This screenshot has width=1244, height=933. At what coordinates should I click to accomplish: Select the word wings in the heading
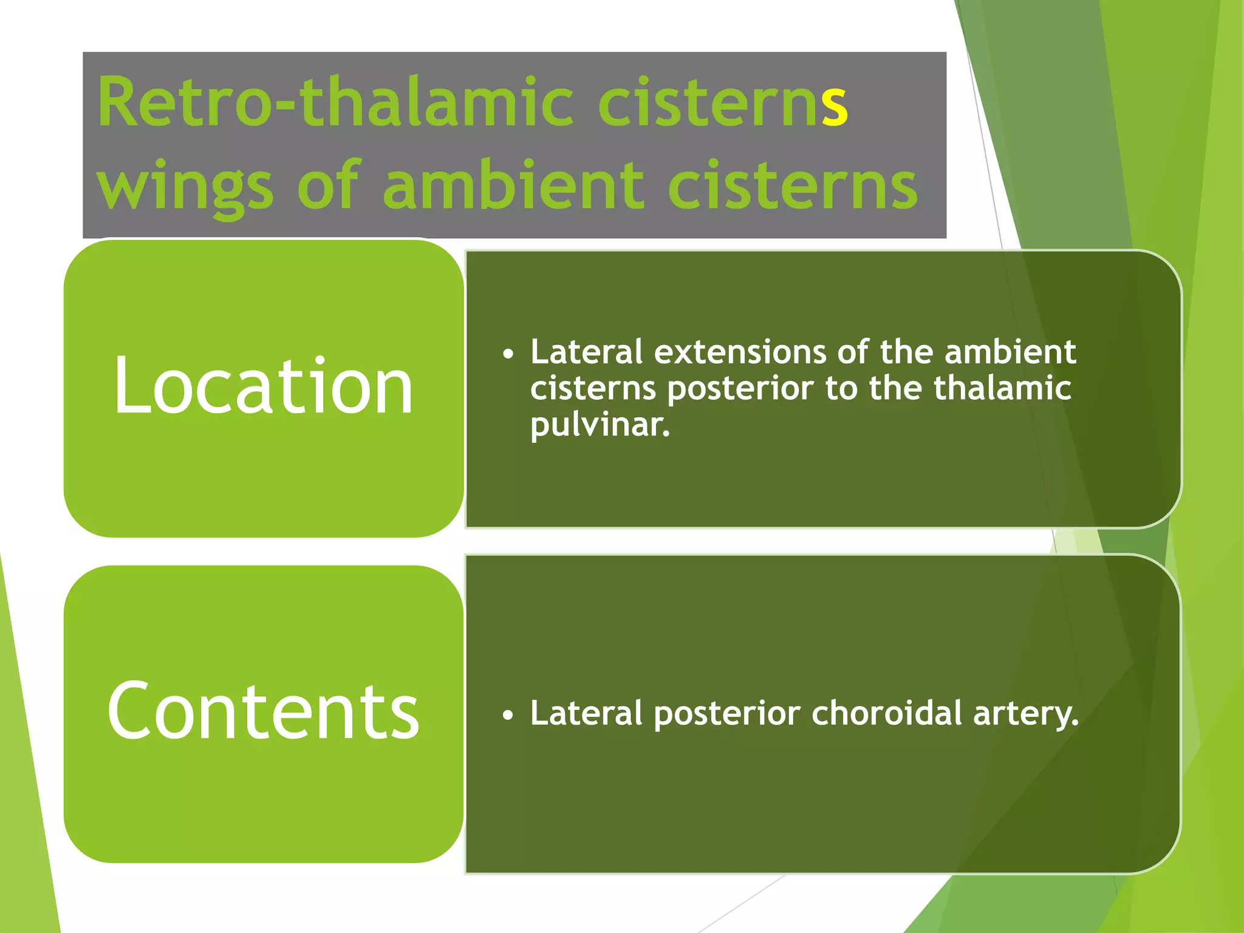coord(185,186)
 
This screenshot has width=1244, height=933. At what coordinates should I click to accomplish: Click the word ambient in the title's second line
coord(513,185)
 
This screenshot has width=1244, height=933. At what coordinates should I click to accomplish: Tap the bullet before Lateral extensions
coord(508,354)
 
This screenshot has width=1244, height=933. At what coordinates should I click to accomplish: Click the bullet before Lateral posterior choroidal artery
coord(508,716)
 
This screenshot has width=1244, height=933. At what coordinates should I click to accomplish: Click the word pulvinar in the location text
coord(600,425)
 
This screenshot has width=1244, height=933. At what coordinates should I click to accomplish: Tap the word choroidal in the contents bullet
coord(887,713)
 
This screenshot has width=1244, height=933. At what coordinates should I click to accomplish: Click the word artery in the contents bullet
coord(1025,714)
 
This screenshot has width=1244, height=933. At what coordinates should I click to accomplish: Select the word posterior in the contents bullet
coord(726,714)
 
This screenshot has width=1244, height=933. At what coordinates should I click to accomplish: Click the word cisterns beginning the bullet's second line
coord(593,389)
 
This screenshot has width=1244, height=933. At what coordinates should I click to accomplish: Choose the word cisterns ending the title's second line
coord(792,186)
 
